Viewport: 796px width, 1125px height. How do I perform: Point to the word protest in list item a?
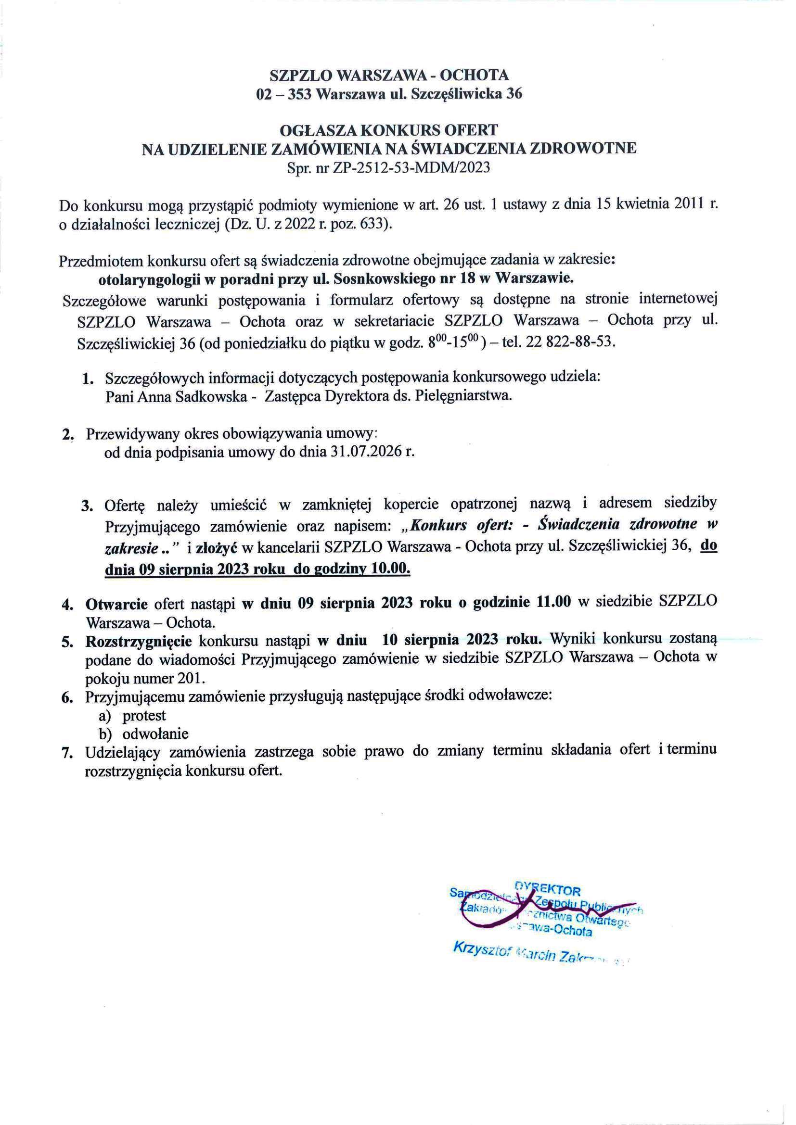pyautogui.click(x=144, y=716)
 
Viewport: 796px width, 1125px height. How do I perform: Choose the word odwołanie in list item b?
pyautogui.click(x=155, y=734)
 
